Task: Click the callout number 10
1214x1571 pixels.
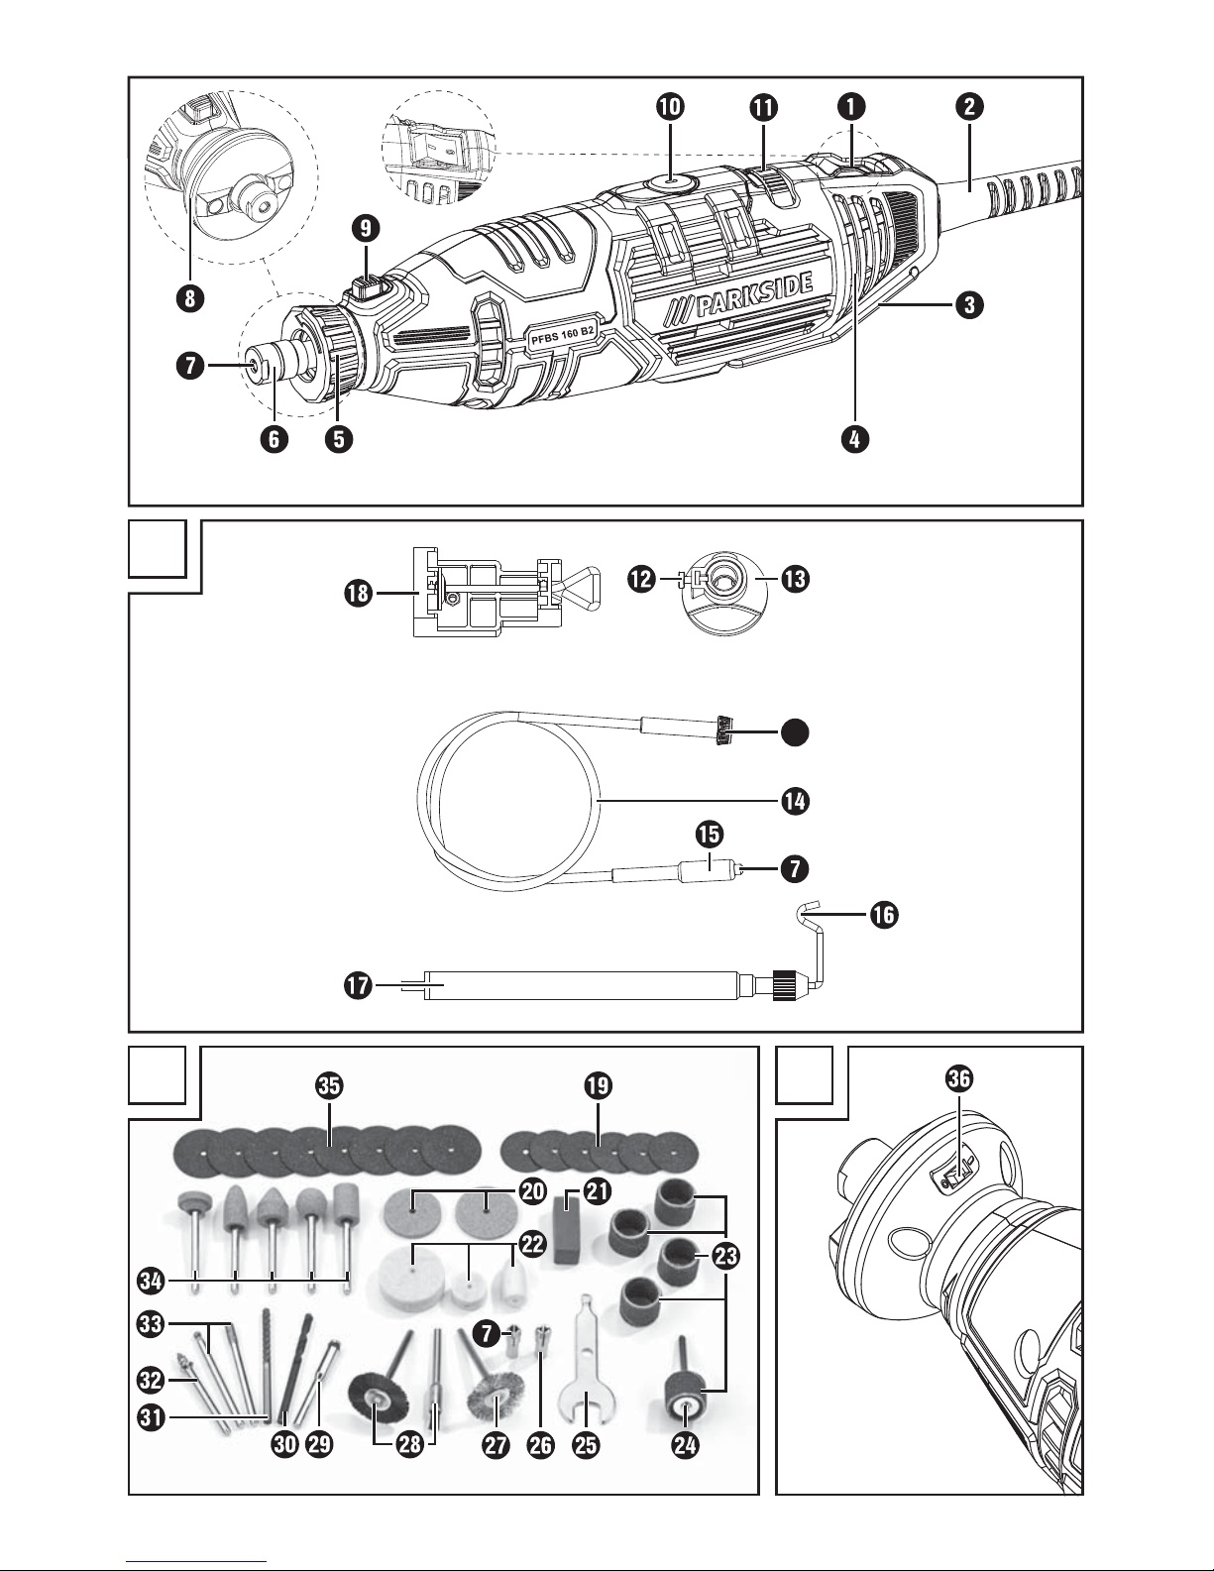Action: tap(670, 108)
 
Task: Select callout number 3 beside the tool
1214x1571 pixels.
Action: tap(968, 306)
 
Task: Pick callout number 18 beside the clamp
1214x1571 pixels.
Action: tap(359, 594)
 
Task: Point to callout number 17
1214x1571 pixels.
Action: tap(359, 986)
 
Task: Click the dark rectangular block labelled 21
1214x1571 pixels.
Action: tap(566, 1228)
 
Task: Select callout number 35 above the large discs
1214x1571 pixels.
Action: tap(330, 1086)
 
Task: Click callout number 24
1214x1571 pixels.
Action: tap(685, 1445)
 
